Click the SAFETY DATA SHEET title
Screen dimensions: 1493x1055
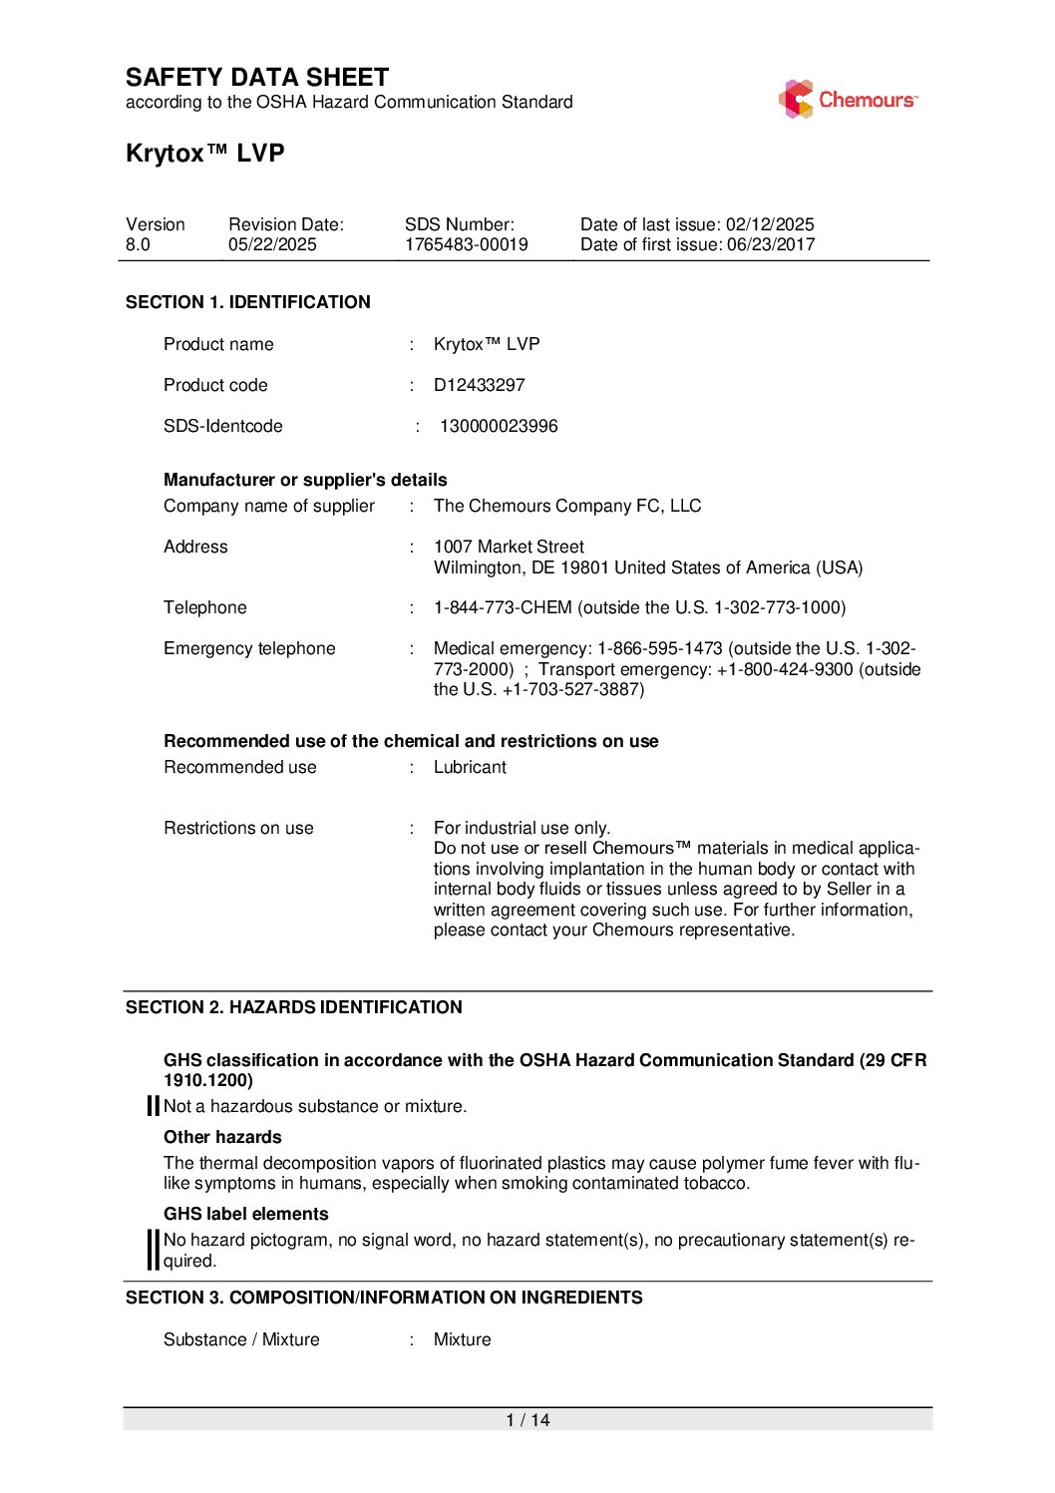[257, 78]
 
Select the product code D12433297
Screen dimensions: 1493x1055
[479, 385]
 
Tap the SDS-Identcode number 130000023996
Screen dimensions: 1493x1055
[499, 426]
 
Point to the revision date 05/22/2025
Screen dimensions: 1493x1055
[272, 244]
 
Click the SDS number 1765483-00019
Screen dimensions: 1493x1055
[466, 244]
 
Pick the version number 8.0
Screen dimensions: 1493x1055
[138, 244]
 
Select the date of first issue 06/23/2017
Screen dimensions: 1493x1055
[770, 244]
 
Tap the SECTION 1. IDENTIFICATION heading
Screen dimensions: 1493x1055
[248, 302]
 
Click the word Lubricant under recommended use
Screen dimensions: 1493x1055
[470, 767]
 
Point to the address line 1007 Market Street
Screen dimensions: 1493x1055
[509, 547]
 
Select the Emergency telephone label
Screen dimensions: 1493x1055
[249, 648]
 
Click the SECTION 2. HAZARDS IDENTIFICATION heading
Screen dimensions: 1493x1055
[294, 1007]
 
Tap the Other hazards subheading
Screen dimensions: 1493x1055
[222, 1137]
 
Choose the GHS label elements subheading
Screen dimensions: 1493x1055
[245, 1214]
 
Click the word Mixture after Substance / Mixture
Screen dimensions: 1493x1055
[462, 1339]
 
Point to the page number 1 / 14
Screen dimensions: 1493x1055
[527, 1420]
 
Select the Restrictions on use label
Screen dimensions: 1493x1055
[238, 828]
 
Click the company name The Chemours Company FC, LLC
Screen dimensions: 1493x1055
[567, 506]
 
